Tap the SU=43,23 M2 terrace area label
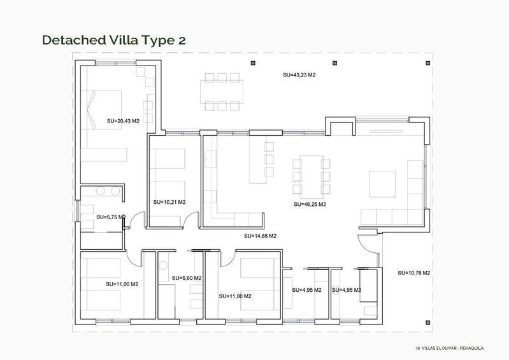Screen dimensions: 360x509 point(299,75)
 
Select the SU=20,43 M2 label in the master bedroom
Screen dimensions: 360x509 point(123,120)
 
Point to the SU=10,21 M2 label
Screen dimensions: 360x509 point(169,202)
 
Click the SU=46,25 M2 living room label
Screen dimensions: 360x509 point(310,205)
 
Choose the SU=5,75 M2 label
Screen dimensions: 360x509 point(111,217)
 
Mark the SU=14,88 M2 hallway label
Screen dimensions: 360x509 point(260,236)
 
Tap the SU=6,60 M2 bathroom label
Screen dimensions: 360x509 point(187,278)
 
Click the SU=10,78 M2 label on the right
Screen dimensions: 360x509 point(414,273)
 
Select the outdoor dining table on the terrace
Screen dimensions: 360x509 point(222,91)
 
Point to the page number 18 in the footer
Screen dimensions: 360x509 point(417,349)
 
